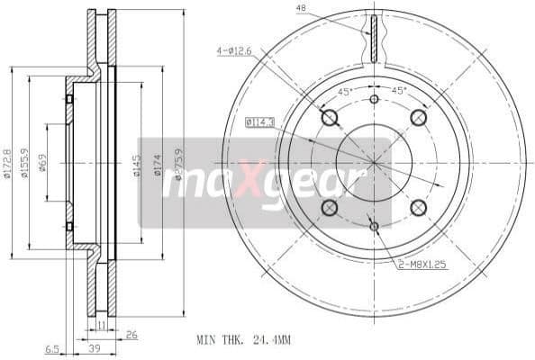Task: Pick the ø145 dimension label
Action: (137, 165)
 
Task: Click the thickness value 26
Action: (132, 336)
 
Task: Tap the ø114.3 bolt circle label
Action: (260, 121)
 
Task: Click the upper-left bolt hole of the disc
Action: (329, 118)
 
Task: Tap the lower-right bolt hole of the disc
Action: (418, 208)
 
